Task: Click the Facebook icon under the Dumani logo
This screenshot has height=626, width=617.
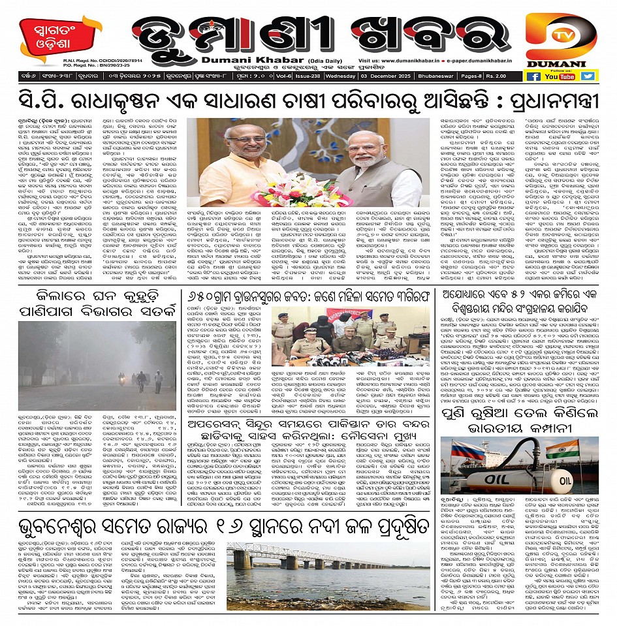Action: [x=533, y=76]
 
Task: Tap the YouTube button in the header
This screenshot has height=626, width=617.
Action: [x=560, y=76]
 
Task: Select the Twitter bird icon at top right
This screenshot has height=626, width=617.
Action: [x=588, y=76]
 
